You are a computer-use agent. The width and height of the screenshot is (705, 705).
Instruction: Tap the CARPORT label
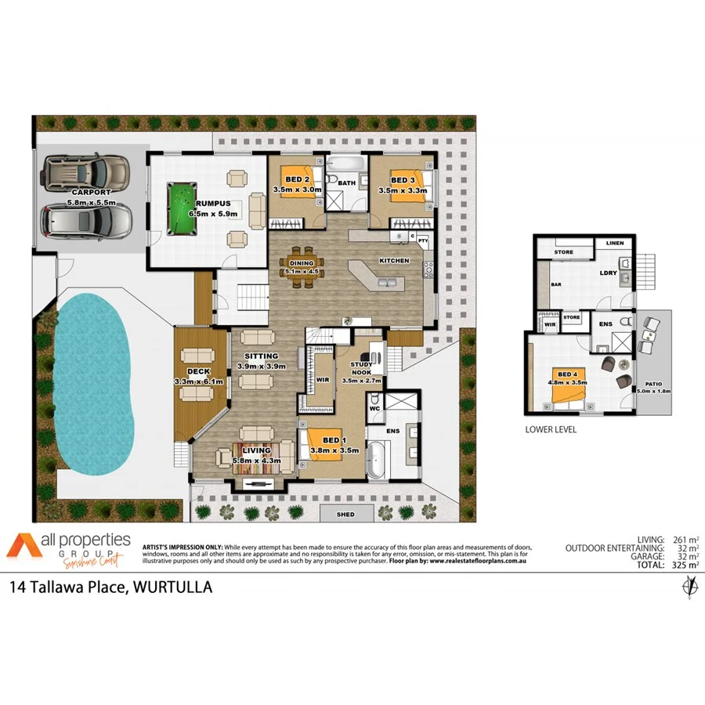tap(90, 192)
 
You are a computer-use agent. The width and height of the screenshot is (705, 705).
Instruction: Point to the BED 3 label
tap(403, 180)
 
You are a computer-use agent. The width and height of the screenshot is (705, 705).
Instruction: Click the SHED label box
tap(345, 515)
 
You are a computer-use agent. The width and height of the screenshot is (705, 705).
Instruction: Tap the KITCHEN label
tap(395, 260)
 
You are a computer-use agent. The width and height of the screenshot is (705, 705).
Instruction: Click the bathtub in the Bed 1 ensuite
tap(378, 460)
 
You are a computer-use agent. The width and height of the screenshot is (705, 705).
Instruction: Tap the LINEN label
tap(615, 244)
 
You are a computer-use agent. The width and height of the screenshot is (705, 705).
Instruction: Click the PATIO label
tap(650, 384)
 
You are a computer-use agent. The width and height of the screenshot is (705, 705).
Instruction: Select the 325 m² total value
tap(684, 565)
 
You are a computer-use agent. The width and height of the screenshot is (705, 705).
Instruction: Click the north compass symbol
tap(689, 587)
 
